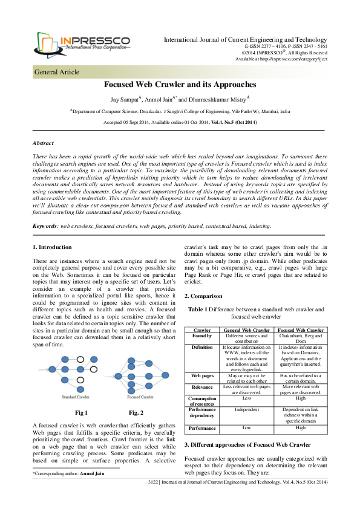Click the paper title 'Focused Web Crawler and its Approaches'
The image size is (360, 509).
(x=180, y=85)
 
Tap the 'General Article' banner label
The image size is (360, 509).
(x=57, y=72)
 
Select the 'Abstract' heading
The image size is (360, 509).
(x=43, y=143)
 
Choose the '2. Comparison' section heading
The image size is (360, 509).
(x=203, y=296)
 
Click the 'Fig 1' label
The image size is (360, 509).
(x=81, y=413)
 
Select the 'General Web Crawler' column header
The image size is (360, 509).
(x=246, y=330)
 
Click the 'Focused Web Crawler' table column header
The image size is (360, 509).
(x=301, y=330)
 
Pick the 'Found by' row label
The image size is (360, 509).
(x=201, y=336)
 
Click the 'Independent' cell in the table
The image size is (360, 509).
(x=246, y=409)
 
